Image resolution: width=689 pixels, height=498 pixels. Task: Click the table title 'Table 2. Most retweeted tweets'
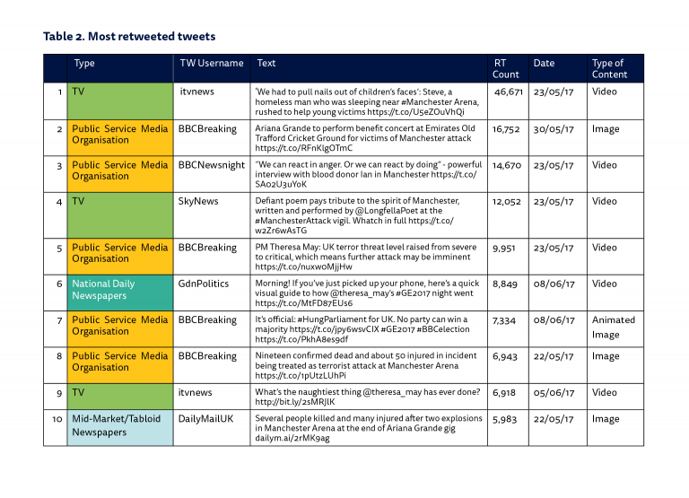pyautogui.click(x=129, y=37)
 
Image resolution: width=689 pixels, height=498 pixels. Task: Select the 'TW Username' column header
pyautogui.click(x=211, y=64)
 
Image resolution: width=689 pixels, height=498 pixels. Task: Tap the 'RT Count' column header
pyautogui.click(x=506, y=69)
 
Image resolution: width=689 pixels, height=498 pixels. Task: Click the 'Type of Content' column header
pyautogui.click(x=609, y=69)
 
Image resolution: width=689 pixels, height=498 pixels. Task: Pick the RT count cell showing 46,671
pyautogui.click(x=508, y=92)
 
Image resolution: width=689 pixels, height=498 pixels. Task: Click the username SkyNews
pyautogui.click(x=198, y=201)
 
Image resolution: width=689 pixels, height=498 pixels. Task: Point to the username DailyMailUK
pyautogui.click(x=206, y=418)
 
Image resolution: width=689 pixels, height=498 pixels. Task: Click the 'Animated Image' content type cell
pyautogui.click(x=613, y=327)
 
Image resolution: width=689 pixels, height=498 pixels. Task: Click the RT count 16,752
pyautogui.click(x=508, y=129)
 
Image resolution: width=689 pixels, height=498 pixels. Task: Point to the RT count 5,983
pyautogui.click(x=507, y=418)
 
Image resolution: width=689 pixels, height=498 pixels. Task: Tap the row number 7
pyautogui.click(x=58, y=320)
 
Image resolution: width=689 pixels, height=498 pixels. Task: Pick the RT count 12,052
pyautogui.click(x=508, y=201)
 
